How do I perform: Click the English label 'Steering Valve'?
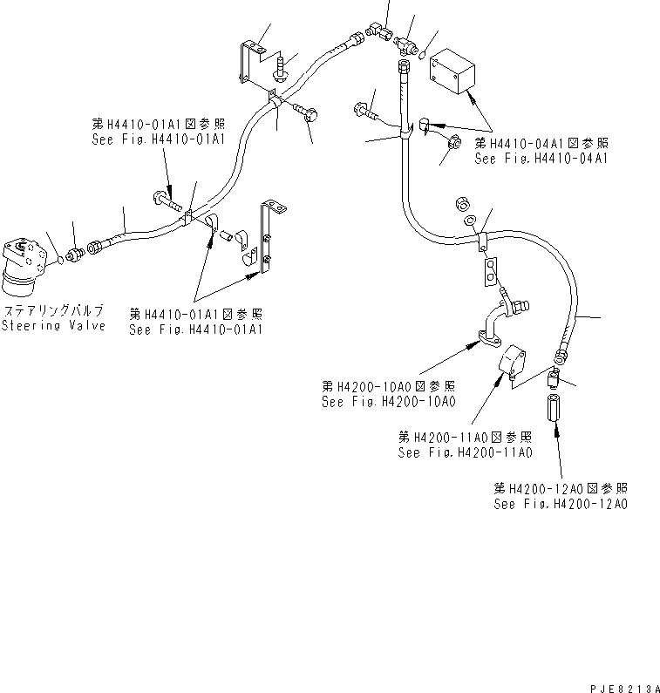[x=52, y=326]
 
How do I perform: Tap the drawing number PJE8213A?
[x=623, y=685]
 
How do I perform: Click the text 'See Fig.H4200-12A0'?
[x=561, y=504]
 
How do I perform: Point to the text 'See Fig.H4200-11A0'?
[x=465, y=452]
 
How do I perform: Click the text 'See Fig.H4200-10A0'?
[x=388, y=402]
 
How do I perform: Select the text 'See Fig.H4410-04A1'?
[x=541, y=159]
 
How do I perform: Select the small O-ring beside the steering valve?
[x=58, y=259]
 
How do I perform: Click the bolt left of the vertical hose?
[x=365, y=111]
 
